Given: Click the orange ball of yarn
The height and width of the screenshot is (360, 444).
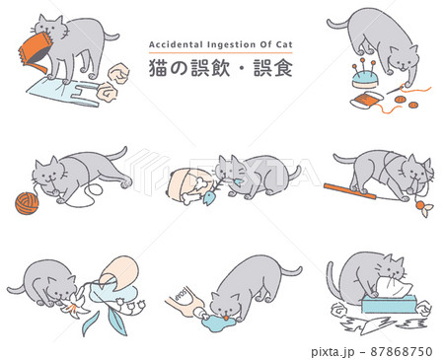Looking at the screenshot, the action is click(x=27, y=203).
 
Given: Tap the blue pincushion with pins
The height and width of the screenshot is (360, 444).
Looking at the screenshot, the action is click(x=365, y=76).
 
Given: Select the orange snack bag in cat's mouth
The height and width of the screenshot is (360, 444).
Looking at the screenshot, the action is click(x=36, y=51).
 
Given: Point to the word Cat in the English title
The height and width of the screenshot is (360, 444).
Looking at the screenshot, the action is click(x=284, y=44).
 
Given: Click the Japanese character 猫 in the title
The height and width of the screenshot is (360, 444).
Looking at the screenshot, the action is click(x=159, y=68).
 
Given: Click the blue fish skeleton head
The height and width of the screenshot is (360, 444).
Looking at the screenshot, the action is click(x=208, y=198).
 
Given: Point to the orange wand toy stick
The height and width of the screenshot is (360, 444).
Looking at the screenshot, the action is click(x=350, y=191).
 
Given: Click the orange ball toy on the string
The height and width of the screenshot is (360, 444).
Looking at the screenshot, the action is click(x=419, y=206).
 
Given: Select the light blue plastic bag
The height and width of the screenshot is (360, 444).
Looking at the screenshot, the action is click(x=62, y=92).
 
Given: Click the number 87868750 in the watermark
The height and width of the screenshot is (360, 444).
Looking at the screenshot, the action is click(x=402, y=352).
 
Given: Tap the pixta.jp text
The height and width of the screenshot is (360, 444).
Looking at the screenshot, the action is click(x=333, y=352).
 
